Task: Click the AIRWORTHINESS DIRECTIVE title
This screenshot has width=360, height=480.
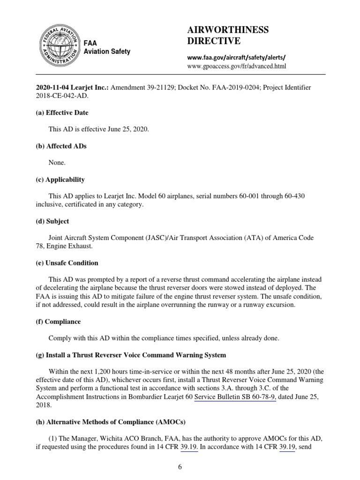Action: pyautogui.click(x=228, y=36)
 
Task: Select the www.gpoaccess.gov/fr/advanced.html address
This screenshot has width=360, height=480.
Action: pyautogui.click(x=236, y=66)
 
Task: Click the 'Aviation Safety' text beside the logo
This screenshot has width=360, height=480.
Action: pyautogui.click(x=107, y=52)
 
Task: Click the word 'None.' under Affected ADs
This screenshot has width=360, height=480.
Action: pyautogui.click(x=57, y=163)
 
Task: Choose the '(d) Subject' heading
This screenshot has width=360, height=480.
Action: pyautogui.click(x=52, y=221)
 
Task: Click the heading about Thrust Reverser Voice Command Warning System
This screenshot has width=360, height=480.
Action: pyautogui.click(x=131, y=355)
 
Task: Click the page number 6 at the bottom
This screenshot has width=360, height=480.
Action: pyautogui.click(x=180, y=467)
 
